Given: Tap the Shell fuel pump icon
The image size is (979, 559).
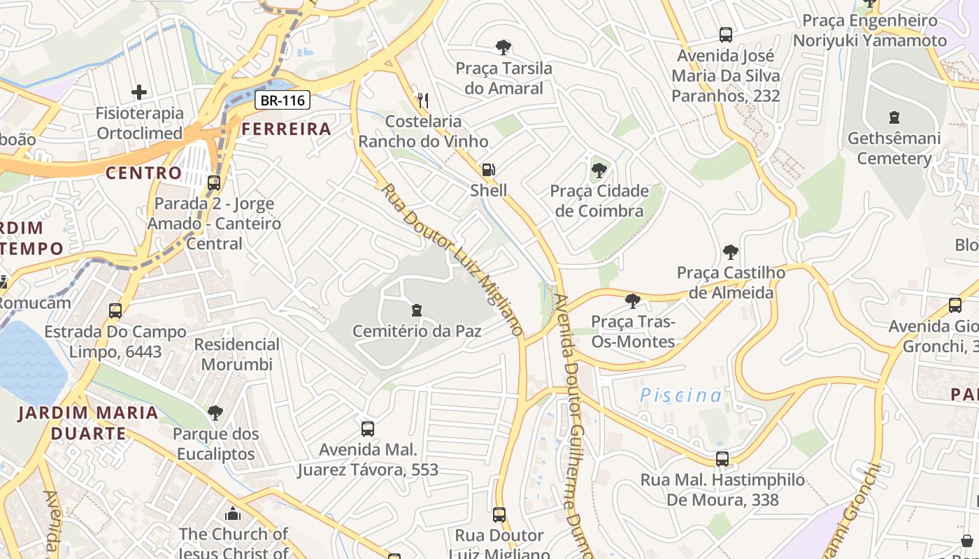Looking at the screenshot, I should (x=488, y=169).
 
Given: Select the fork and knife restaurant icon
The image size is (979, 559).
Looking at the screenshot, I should (x=422, y=100).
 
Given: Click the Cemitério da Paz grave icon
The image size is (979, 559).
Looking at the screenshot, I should (x=417, y=310).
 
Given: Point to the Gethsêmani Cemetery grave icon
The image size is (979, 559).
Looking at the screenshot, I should (x=894, y=117).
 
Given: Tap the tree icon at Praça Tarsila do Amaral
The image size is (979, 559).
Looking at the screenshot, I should (x=503, y=48).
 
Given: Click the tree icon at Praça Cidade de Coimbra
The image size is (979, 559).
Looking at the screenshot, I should (x=599, y=170).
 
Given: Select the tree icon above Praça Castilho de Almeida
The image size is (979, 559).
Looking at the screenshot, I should (x=730, y=252).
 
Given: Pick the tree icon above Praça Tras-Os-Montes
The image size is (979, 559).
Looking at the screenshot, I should (x=633, y=301).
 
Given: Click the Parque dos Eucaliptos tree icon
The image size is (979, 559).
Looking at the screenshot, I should (x=215, y=413).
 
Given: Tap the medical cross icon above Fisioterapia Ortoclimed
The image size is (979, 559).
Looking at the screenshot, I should (x=139, y=92).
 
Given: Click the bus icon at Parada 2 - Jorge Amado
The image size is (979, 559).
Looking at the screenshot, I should (x=214, y=183).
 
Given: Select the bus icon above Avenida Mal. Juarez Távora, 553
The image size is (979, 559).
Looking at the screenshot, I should (x=368, y=428).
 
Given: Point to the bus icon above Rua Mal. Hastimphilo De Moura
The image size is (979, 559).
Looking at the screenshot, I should (x=722, y=459).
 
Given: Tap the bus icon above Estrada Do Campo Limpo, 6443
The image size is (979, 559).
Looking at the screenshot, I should (x=115, y=311).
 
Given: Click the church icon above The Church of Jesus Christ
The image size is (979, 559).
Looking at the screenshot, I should (x=233, y=514).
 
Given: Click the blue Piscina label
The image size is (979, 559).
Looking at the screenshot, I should (x=680, y=395).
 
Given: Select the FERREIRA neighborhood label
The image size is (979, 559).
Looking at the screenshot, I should (x=286, y=129).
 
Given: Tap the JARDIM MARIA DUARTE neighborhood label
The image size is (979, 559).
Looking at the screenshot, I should (x=88, y=423).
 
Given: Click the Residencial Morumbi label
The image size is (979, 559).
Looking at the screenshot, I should (x=236, y=354).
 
